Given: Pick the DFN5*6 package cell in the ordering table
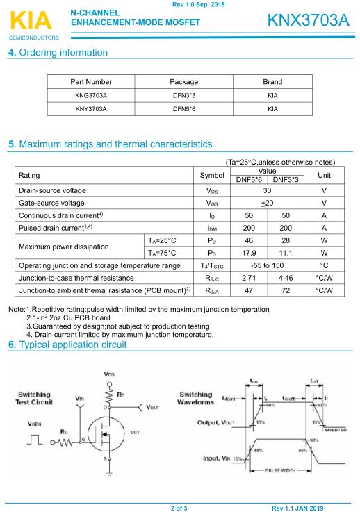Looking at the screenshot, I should [x=184, y=109].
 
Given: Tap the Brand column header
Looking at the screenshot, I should [x=272, y=82].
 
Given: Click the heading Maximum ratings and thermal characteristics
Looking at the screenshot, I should [x=110, y=144].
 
